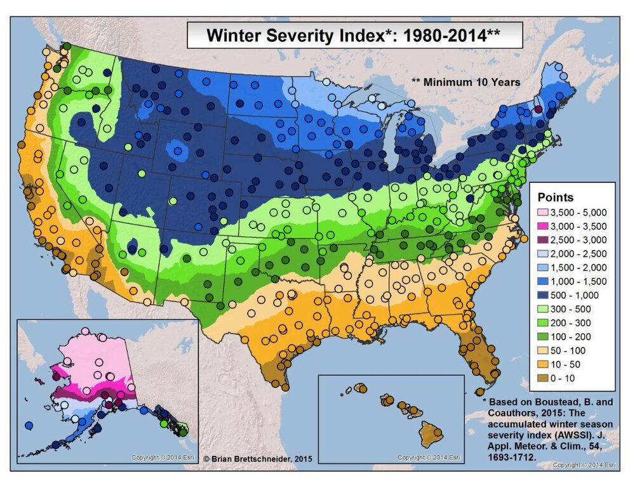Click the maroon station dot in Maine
538,109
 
